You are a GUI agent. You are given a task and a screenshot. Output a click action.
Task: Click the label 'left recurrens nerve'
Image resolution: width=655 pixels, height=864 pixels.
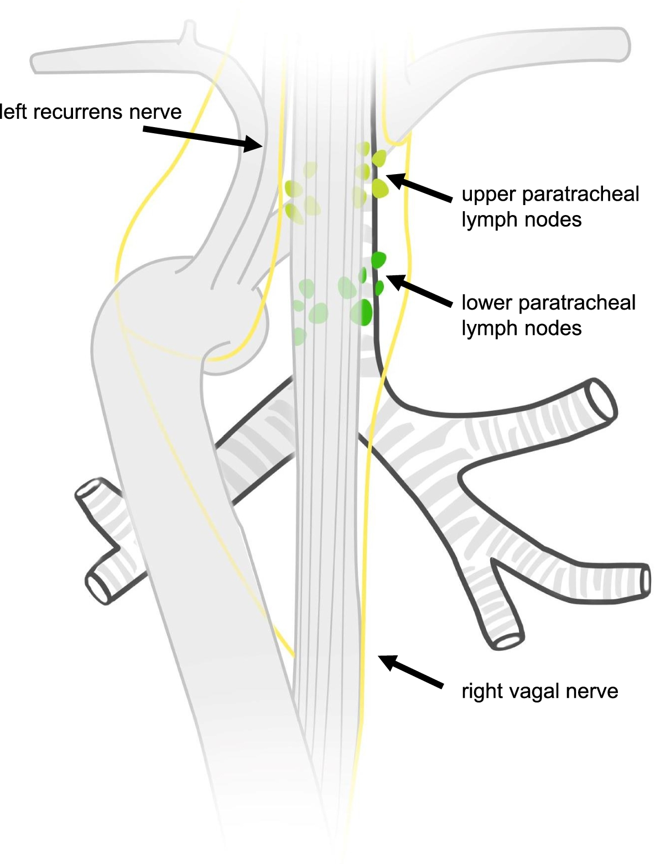91,112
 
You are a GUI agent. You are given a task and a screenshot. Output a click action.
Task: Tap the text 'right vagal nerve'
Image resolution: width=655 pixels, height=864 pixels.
539,691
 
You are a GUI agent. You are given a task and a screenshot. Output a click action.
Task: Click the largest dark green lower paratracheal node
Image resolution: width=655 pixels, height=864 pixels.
362,312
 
